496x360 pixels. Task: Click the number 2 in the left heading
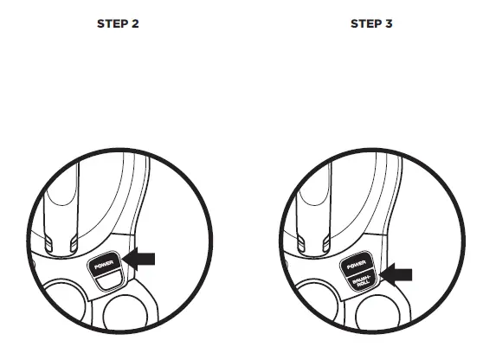click(135, 23)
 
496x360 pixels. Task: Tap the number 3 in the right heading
click(389, 23)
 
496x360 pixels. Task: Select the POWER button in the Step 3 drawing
click(355, 263)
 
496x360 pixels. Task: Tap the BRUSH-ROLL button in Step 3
click(357, 281)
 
